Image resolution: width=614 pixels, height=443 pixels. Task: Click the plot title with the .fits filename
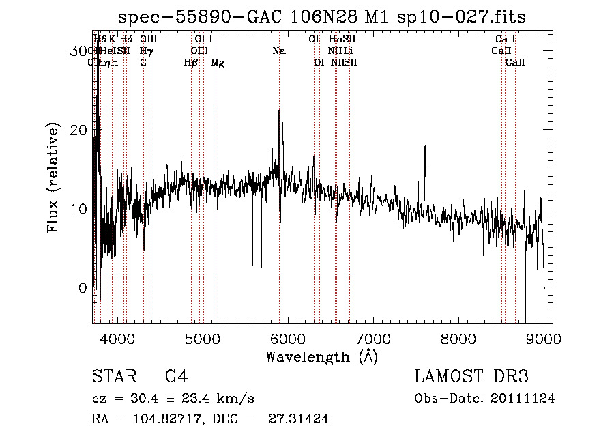pos(322,17)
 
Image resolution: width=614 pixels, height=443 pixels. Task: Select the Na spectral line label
pos(278,51)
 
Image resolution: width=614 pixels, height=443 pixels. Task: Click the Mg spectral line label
pos(218,62)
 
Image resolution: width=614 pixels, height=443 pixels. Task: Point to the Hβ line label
pos(191,62)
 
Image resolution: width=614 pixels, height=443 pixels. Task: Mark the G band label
pos(143,62)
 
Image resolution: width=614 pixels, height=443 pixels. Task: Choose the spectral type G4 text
pos(176,377)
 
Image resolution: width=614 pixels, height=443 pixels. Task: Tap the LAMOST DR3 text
pos(471,377)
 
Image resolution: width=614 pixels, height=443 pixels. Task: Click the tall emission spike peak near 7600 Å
pos(425,147)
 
